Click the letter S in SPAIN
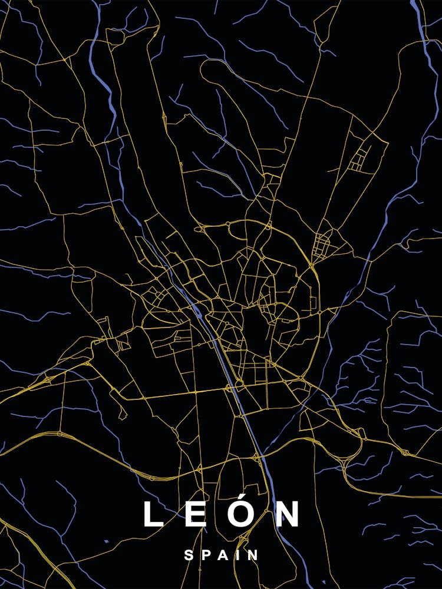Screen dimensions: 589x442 (x=189, y=555)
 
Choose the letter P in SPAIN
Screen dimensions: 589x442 (x=206, y=555)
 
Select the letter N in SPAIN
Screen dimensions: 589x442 (x=253, y=555)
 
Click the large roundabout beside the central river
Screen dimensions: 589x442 (x=239, y=384)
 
